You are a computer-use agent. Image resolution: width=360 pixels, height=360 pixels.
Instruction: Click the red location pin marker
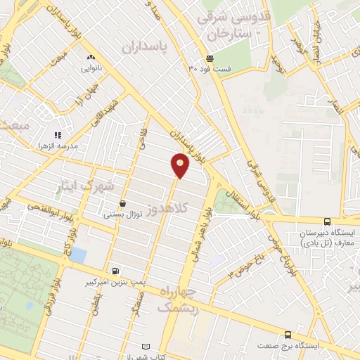click(180, 166)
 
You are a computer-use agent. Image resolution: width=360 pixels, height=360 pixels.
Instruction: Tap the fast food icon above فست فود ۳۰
click(210, 58)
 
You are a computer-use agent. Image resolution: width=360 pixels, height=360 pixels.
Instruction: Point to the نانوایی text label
click(91, 68)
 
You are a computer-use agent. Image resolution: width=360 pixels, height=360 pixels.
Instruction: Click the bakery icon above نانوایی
click(90, 58)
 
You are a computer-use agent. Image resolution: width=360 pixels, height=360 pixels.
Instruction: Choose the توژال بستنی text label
click(124, 213)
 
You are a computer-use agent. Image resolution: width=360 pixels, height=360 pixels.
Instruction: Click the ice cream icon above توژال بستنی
click(123, 202)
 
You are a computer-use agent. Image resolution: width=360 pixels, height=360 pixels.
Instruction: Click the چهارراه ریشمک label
click(180, 299)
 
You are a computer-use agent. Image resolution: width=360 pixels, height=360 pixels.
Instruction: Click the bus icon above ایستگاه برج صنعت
click(288, 335)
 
